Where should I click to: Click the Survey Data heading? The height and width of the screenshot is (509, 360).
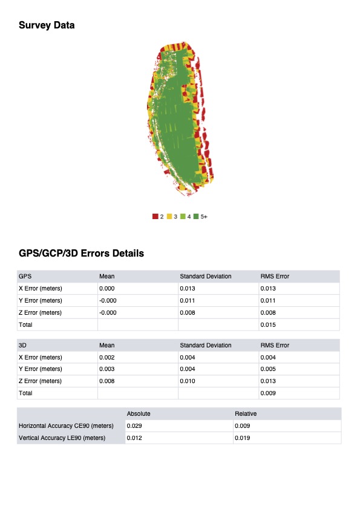coord(47,25)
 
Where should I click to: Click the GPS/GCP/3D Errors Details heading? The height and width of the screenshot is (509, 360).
coord(81,254)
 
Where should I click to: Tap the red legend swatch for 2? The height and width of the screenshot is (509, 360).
coord(155,216)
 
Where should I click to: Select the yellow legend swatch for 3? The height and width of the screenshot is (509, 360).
coord(169,216)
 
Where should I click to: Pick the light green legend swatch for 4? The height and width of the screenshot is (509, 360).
coord(183,216)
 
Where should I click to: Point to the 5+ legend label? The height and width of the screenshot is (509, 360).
coord(204,216)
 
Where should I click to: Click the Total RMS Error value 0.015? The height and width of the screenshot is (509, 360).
coord(267,325)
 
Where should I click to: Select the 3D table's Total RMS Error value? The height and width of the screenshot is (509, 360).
coord(267,393)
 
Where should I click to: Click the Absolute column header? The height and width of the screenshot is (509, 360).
coord(139,414)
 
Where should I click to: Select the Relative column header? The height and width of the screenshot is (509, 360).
coord(246,414)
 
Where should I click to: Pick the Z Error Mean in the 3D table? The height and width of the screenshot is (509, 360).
coord(106,381)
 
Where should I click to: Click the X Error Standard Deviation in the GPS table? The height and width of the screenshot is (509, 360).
coord(188,289)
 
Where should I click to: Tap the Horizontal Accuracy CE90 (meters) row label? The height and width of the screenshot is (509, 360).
coord(67,427)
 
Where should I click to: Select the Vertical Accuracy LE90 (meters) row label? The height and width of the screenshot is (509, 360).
coord(62,438)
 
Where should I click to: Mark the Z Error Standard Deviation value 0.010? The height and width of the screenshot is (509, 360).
coord(188,381)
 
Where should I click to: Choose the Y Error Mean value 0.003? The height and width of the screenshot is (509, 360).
coord(106,369)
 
